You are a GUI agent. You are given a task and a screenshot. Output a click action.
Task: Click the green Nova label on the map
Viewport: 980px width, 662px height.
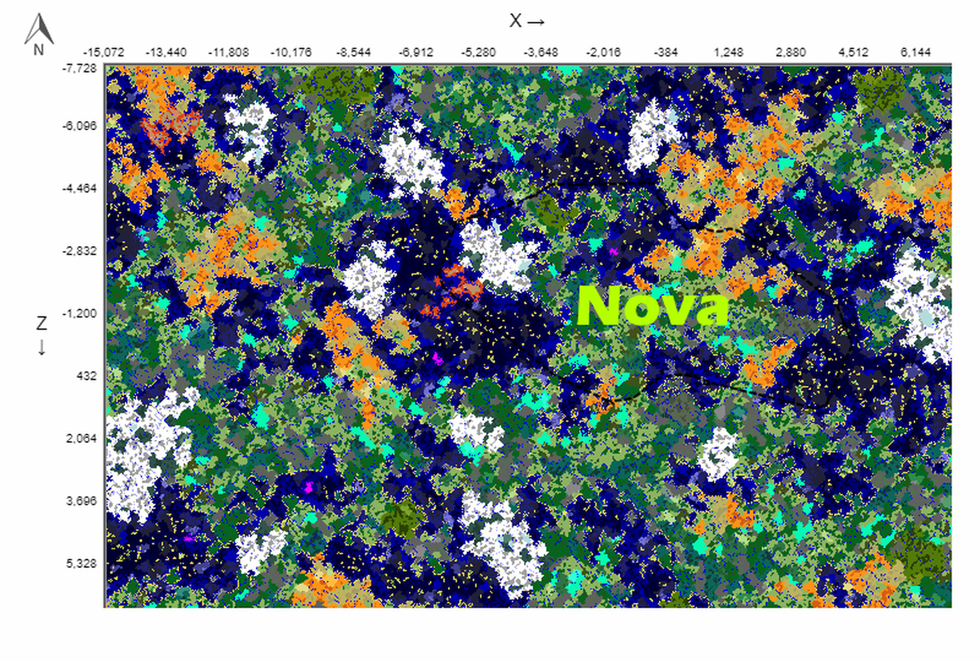click(x=653, y=306)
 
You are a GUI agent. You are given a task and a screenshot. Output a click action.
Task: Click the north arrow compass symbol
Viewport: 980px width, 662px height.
click(x=39, y=29)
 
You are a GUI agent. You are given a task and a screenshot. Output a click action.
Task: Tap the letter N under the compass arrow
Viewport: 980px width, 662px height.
click(x=39, y=50)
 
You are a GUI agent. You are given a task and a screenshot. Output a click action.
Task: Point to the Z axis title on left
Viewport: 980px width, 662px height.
click(x=41, y=323)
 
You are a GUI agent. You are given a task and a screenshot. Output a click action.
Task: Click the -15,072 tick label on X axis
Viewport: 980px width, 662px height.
click(x=104, y=53)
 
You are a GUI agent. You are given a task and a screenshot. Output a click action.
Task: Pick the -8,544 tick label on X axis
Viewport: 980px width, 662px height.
click(x=353, y=53)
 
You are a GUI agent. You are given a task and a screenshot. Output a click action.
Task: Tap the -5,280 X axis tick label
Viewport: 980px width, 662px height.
click(x=478, y=53)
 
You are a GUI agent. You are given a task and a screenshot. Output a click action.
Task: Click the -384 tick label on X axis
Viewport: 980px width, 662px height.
click(x=666, y=53)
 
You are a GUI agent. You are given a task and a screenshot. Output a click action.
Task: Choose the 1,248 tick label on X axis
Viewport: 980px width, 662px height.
click(x=728, y=53)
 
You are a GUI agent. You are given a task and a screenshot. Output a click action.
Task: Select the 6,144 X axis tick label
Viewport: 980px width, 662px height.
click(x=915, y=53)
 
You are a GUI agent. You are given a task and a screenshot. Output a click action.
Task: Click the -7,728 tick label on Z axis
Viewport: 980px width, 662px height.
click(x=80, y=68)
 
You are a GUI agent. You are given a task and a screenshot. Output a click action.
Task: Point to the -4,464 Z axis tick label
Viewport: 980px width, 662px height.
click(x=80, y=188)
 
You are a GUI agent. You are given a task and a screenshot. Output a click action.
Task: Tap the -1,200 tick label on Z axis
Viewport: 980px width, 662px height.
click(x=80, y=314)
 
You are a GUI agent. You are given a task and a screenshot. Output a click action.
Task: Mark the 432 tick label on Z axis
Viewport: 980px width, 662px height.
click(x=86, y=376)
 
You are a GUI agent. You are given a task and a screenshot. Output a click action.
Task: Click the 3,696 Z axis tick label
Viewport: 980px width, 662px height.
click(x=81, y=501)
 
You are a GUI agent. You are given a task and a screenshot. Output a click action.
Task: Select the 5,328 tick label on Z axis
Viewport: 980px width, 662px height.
click(x=81, y=563)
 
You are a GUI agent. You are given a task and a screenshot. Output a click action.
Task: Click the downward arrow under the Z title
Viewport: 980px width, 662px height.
click(x=41, y=348)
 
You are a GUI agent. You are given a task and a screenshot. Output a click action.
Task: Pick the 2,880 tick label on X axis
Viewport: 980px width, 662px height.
click(x=791, y=53)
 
